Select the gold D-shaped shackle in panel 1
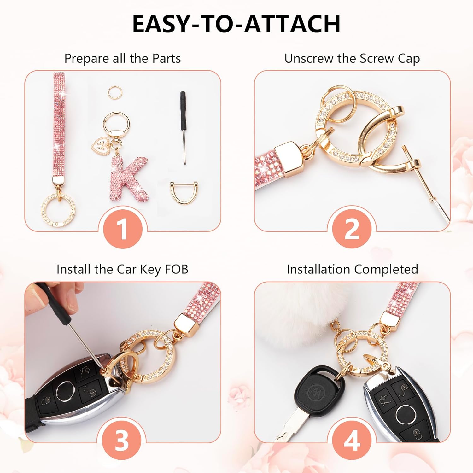[x=184, y=192]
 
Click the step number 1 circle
[x=123, y=229]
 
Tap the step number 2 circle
[x=352, y=229]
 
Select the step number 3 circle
[x=122, y=440]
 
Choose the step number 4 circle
[x=352, y=440]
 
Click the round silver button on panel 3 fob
[x=66, y=392]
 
